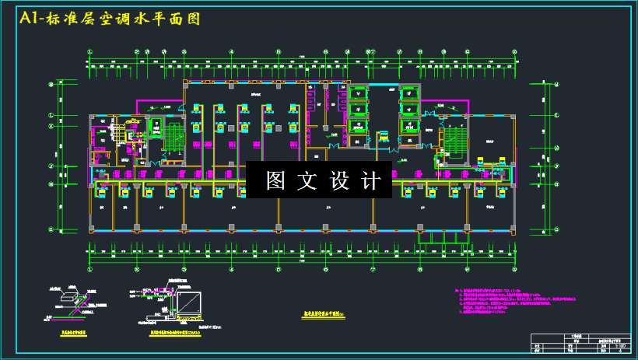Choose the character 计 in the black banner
pos(372,180)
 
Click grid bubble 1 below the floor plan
pos(89,270)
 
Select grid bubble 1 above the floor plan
pos(89,52)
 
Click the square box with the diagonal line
pos(188,305)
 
